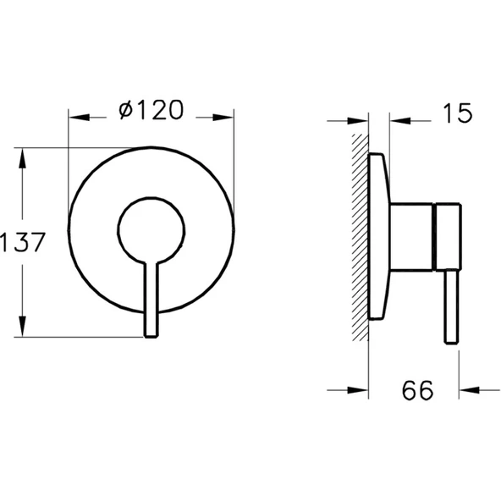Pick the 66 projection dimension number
coord(416,390)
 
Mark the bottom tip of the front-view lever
coord(151,337)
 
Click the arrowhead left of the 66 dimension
coord(362,390)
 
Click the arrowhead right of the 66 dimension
coord(466,390)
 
